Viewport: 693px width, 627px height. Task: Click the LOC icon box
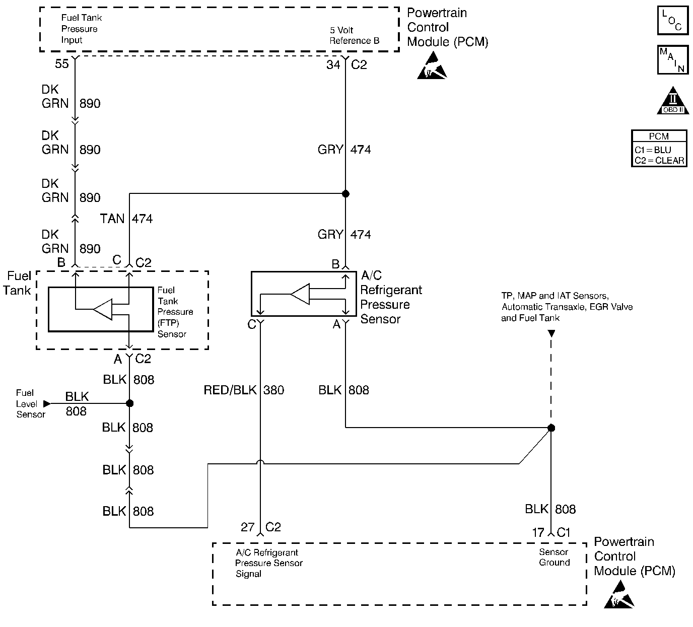point(672,21)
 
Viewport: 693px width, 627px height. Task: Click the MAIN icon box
point(672,60)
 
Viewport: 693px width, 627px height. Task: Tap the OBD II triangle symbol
point(673,101)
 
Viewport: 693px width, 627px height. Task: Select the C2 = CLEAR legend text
point(659,161)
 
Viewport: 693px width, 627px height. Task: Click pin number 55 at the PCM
point(62,64)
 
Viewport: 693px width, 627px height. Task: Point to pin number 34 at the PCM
point(333,64)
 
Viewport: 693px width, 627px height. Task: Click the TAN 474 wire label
point(126,219)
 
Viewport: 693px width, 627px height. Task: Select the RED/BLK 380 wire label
point(244,390)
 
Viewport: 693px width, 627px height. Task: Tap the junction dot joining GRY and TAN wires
point(345,193)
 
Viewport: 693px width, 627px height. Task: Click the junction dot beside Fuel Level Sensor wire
point(129,403)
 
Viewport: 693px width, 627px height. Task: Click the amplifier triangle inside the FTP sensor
point(103,309)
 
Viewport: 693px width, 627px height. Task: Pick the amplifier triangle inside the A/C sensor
point(300,294)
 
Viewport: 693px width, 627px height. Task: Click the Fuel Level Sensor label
point(30,403)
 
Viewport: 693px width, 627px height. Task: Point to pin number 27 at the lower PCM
point(247,527)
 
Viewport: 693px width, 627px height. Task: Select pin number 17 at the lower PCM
point(538,532)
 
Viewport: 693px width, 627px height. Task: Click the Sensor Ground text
point(554,557)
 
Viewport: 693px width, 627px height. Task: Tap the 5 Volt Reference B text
point(354,35)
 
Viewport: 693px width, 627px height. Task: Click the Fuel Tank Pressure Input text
point(82,29)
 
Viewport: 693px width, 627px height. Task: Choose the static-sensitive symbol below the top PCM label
point(432,68)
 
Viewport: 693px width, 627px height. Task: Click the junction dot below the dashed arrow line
point(551,428)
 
